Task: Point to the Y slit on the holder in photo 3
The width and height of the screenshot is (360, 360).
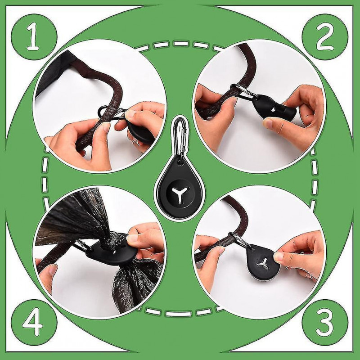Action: click(x=265, y=264)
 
